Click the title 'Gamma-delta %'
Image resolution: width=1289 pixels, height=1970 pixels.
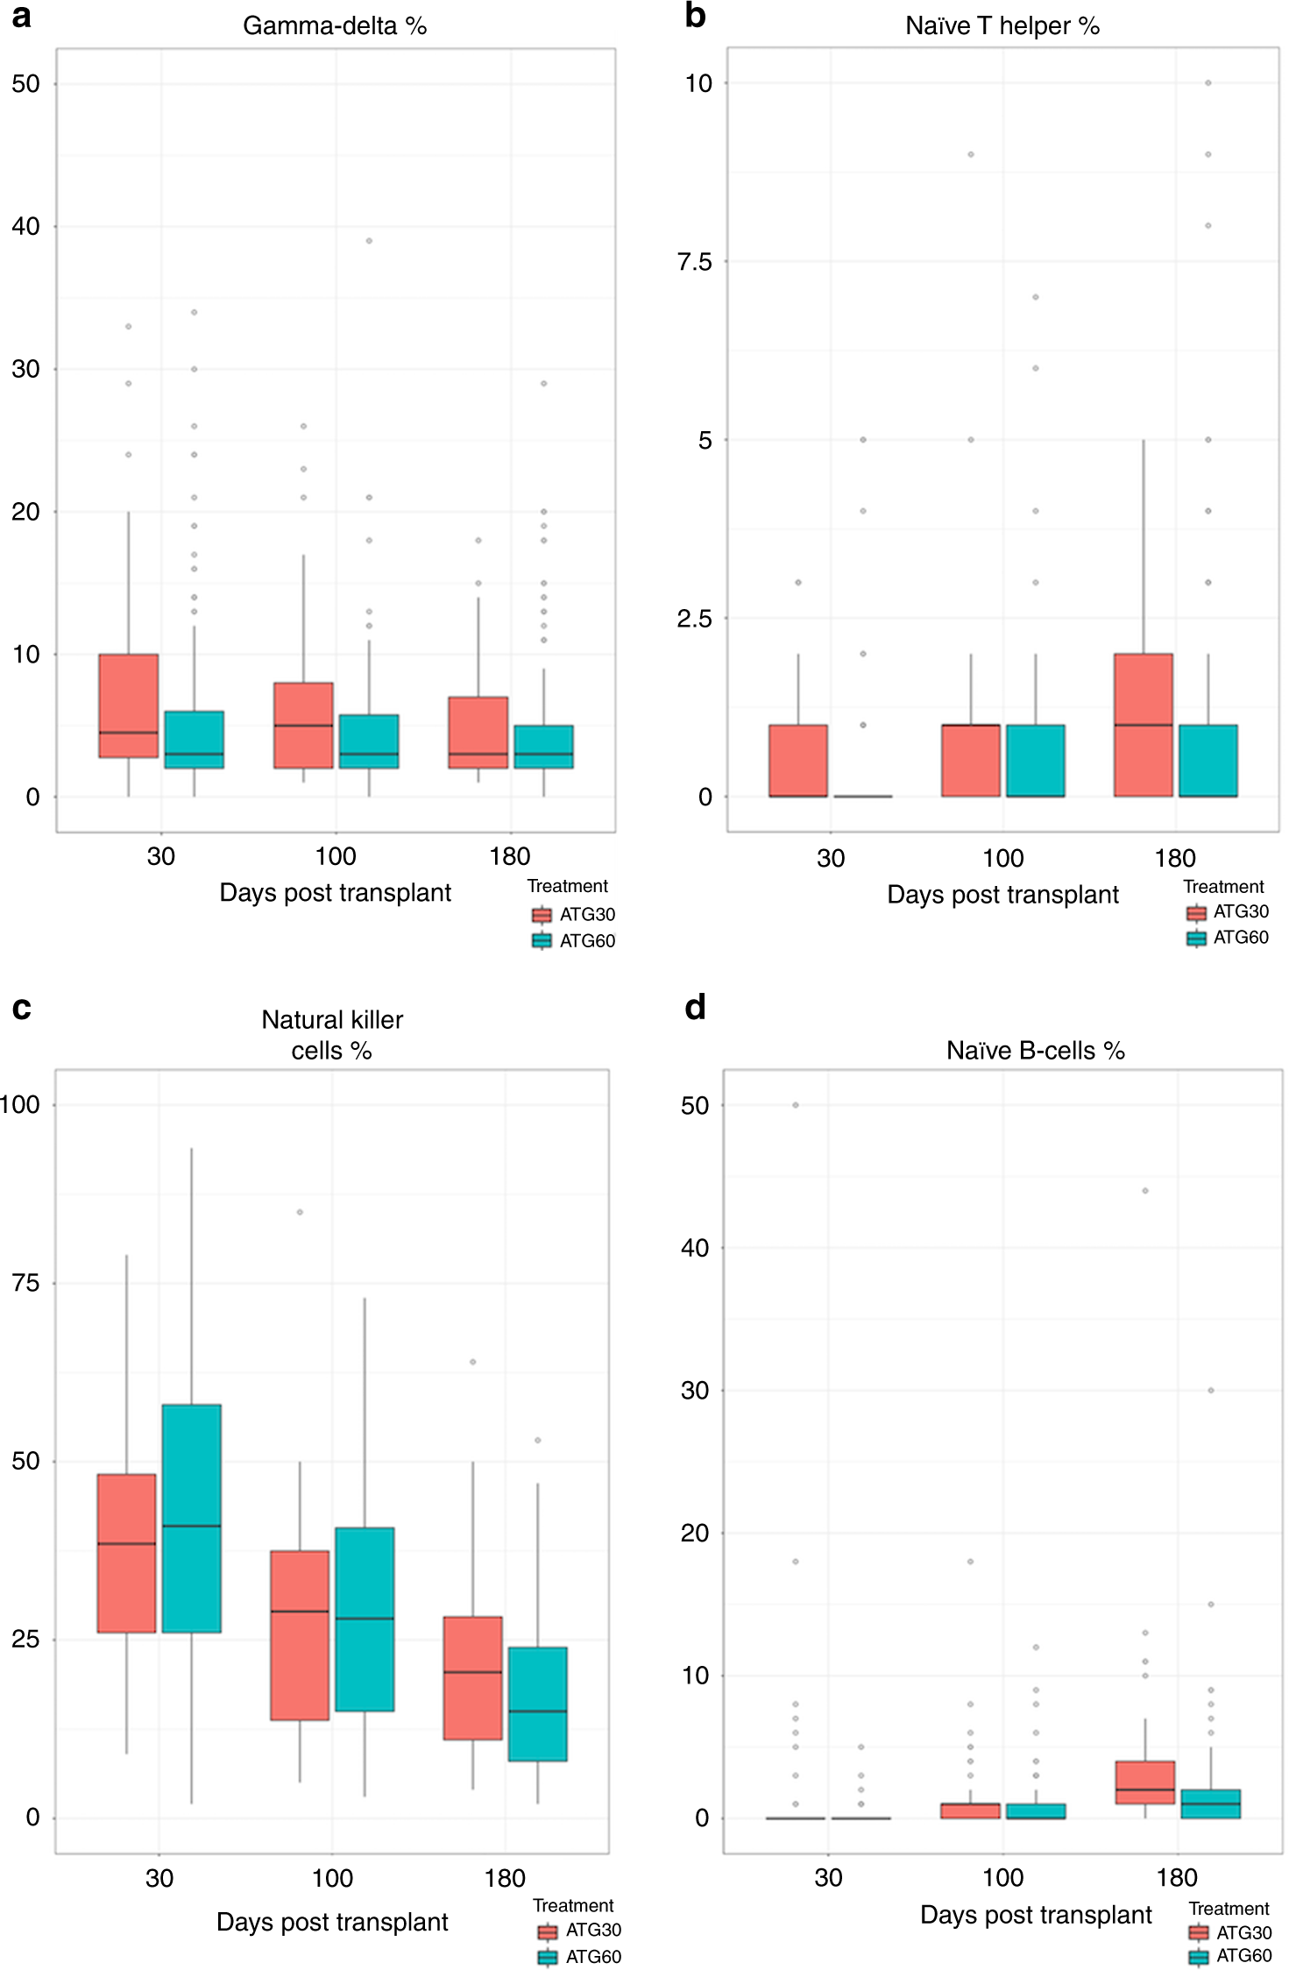(335, 26)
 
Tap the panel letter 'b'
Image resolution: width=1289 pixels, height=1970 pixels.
(695, 16)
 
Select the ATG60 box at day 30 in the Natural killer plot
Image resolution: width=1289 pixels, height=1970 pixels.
(191, 1519)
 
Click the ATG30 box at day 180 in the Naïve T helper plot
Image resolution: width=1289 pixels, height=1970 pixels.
(1144, 725)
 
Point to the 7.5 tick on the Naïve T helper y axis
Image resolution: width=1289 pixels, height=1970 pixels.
(694, 262)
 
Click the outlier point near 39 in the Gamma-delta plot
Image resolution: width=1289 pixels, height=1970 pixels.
(369, 241)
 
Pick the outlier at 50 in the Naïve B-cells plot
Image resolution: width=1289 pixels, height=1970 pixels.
(796, 1105)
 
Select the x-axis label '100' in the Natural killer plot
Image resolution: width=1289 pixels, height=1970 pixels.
(332, 1878)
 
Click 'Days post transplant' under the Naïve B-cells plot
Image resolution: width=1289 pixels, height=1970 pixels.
(1036, 1915)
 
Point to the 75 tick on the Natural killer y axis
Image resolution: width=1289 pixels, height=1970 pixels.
(26, 1283)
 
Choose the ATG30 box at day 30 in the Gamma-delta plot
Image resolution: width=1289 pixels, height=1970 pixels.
(129, 705)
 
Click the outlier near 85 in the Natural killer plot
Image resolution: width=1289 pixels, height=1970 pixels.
(300, 1212)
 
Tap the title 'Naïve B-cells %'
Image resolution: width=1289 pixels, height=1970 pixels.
(1035, 1051)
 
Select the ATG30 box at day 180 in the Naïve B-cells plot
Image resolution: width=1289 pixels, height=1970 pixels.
(1145, 1782)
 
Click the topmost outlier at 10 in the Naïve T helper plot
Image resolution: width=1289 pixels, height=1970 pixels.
(1208, 83)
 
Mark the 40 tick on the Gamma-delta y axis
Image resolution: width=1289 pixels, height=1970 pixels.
(26, 227)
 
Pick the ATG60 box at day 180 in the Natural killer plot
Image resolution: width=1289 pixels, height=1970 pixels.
(537, 1704)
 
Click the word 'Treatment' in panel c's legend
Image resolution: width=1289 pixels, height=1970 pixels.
(573, 1906)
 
